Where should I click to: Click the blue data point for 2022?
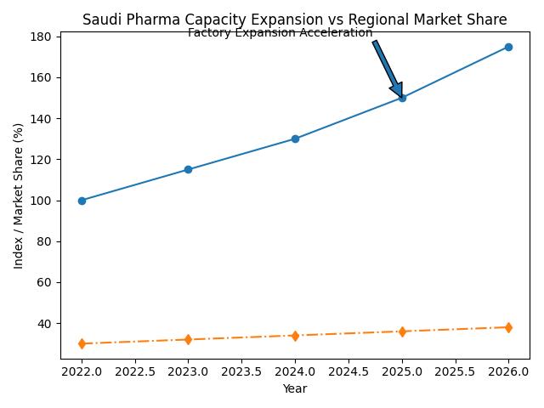(x=82, y=201)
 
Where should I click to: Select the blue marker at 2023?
(x=188, y=170)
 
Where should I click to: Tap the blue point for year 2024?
(x=295, y=139)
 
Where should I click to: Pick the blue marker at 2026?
(x=508, y=47)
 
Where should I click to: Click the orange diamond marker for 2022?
(x=82, y=343)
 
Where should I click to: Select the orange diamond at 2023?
(x=188, y=340)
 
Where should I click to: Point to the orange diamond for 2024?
(x=295, y=336)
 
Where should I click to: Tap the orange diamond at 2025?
(x=402, y=331)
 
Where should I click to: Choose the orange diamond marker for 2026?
(x=508, y=327)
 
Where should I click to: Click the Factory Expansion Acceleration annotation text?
(x=280, y=33)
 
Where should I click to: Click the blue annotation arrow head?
(x=397, y=90)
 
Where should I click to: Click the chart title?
(x=294, y=20)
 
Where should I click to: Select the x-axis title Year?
(x=295, y=388)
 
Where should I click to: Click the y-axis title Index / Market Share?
(x=19, y=195)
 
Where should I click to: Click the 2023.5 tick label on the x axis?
(x=241, y=371)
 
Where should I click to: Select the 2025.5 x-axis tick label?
(x=455, y=371)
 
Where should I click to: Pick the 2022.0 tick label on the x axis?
(x=82, y=371)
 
